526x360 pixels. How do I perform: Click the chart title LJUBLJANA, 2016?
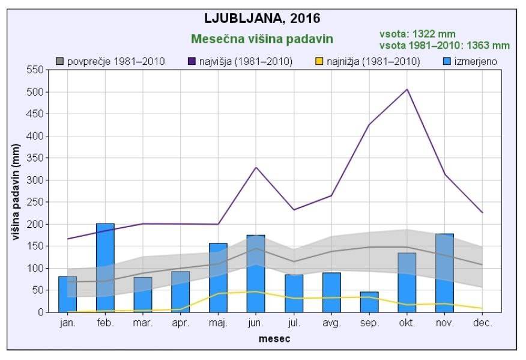(262, 18)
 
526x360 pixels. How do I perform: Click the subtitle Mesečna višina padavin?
(262, 39)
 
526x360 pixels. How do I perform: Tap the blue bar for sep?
(369, 302)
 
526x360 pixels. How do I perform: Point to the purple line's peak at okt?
(407, 90)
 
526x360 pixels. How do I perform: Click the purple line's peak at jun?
(256, 167)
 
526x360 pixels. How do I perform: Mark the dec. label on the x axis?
(482, 323)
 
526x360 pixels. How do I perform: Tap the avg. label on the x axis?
(331, 323)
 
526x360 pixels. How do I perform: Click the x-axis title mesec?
(274, 339)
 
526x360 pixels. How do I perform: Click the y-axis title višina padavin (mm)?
(16, 191)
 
